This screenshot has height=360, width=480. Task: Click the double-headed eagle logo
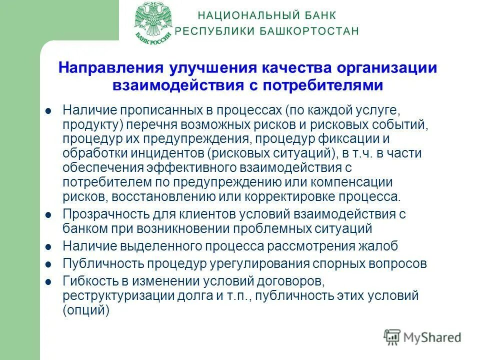[x=154, y=23]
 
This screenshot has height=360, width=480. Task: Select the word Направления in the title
[x=107, y=68]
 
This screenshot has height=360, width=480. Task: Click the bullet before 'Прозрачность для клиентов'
[x=48, y=215]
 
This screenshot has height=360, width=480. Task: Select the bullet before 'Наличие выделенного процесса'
[x=48, y=246]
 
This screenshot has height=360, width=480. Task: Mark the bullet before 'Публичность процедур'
[x=48, y=264]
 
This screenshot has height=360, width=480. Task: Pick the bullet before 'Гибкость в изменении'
[x=48, y=281]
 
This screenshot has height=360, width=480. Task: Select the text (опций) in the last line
[x=86, y=310]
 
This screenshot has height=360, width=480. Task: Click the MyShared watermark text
[x=432, y=337]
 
